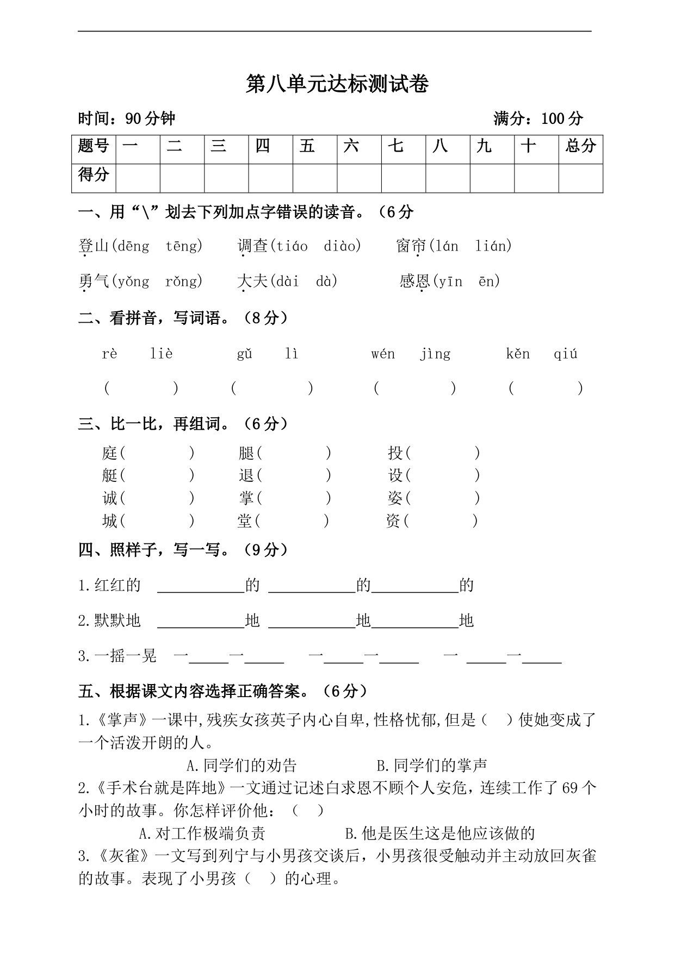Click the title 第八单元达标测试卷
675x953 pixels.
point(337,84)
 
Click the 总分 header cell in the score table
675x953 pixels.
point(580,146)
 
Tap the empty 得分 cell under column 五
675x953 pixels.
point(314,178)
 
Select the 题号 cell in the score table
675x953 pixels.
point(94,146)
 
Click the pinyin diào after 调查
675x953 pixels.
point(342,246)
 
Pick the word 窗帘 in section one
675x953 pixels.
point(411,246)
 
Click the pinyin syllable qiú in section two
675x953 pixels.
point(565,354)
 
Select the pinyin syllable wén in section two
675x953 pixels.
point(383,354)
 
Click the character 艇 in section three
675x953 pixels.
point(109,475)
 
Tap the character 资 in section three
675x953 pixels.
point(393,521)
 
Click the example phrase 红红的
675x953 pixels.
point(117,585)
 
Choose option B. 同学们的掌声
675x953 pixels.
point(432,765)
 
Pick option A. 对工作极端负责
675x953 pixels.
point(202,833)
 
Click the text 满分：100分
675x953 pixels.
point(538,118)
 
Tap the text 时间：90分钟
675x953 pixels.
point(127,118)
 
